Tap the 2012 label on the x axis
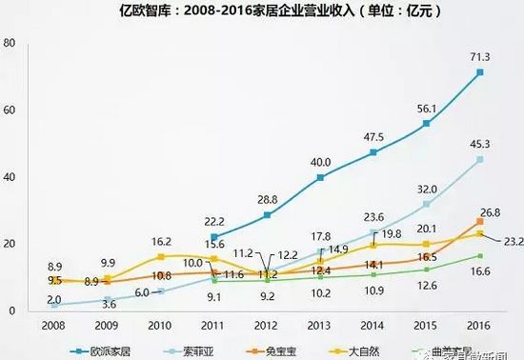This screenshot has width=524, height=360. click(269, 323)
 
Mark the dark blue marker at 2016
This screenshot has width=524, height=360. click(480, 72)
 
